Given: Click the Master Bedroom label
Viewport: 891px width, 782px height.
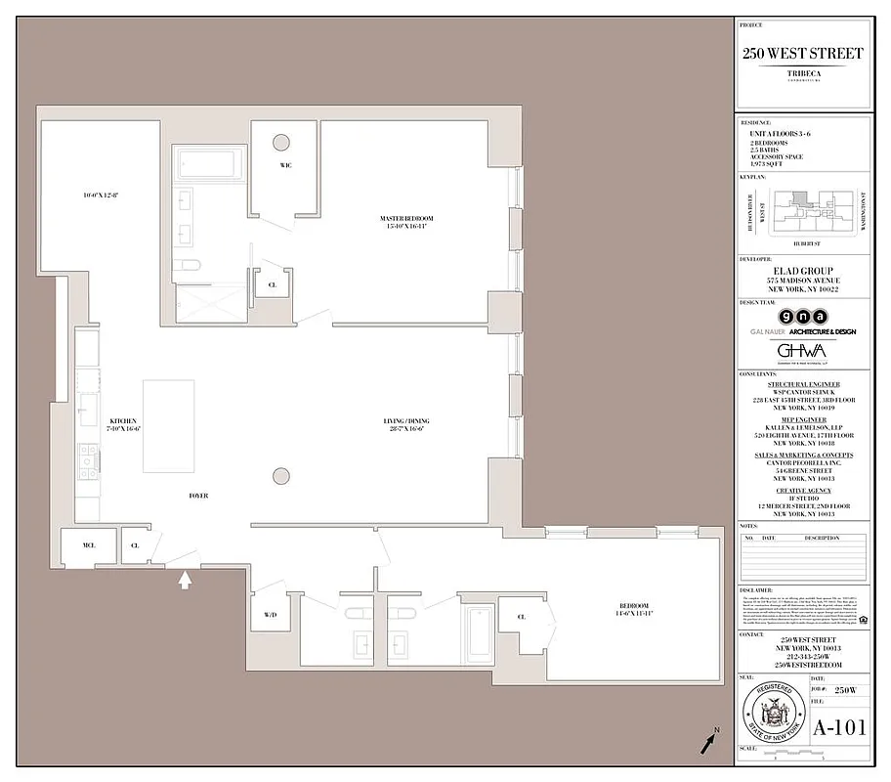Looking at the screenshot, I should pyautogui.click(x=405, y=221).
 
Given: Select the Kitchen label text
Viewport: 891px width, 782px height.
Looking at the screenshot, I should pyautogui.click(x=123, y=424).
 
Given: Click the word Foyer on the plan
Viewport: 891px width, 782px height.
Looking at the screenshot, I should pyautogui.click(x=198, y=496).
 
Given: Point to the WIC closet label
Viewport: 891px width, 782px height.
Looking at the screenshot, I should pyautogui.click(x=285, y=165).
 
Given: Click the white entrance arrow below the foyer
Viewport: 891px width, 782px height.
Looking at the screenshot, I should pyautogui.click(x=184, y=581).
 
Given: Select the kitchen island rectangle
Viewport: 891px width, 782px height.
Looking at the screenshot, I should pyautogui.click(x=168, y=426).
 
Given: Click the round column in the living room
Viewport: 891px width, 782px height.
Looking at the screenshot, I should pyautogui.click(x=281, y=476).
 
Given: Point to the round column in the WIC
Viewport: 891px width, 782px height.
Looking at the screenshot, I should pyautogui.click(x=281, y=141).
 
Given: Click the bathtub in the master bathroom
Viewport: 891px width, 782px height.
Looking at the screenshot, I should pyautogui.click(x=210, y=163).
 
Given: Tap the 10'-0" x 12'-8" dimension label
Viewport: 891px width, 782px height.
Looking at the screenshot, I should pyautogui.click(x=101, y=195).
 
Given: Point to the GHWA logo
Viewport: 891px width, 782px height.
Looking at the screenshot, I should pyautogui.click(x=801, y=350).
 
